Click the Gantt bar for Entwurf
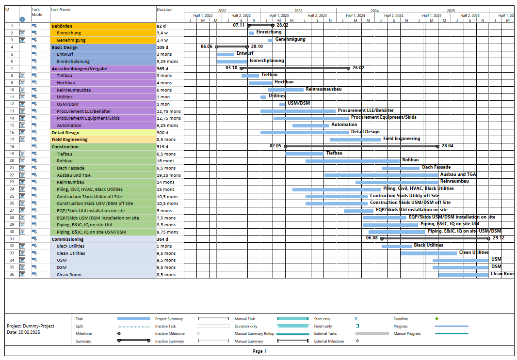coord(225,54)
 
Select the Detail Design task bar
coord(304,132)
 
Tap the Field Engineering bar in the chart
coord(355,140)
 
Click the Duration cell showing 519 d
coord(162,147)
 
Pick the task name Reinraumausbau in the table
coord(74,90)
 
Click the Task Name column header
coord(61,9)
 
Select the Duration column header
coord(164,9)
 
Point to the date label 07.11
coord(239,25)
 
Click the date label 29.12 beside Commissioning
coord(499,238)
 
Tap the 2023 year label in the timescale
coord(298,10)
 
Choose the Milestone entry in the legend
coord(84,333)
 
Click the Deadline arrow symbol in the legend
coord(436,319)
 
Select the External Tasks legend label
coord(326,333)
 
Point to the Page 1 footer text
coord(259,351)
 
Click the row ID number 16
coord(12,132)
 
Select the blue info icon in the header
coord(22,19)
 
